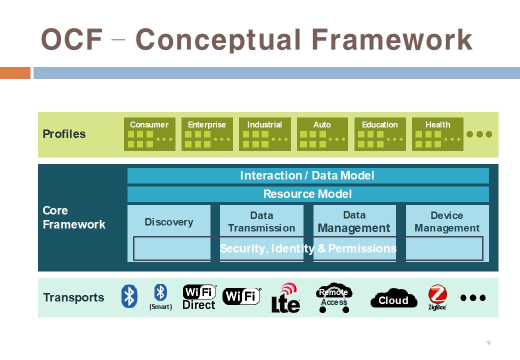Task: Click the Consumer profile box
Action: click(149, 134)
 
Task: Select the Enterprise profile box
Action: click(207, 134)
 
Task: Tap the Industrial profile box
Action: click(264, 134)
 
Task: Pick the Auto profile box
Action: click(322, 134)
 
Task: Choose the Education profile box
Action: click(380, 134)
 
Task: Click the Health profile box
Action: click(437, 134)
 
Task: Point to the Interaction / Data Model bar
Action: click(307, 175)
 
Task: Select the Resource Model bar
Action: click(307, 194)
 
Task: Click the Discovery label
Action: click(169, 222)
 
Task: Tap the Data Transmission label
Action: click(261, 221)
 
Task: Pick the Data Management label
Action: click(354, 221)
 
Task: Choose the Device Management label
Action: click(447, 221)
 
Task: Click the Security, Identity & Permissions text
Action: click(308, 248)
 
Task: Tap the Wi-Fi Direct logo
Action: click(199, 297)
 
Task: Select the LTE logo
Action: click(285, 298)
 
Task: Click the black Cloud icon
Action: click(393, 299)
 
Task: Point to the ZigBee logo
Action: click(437, 297)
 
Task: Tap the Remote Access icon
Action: click(333, 298)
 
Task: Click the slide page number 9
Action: click(488, 343)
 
